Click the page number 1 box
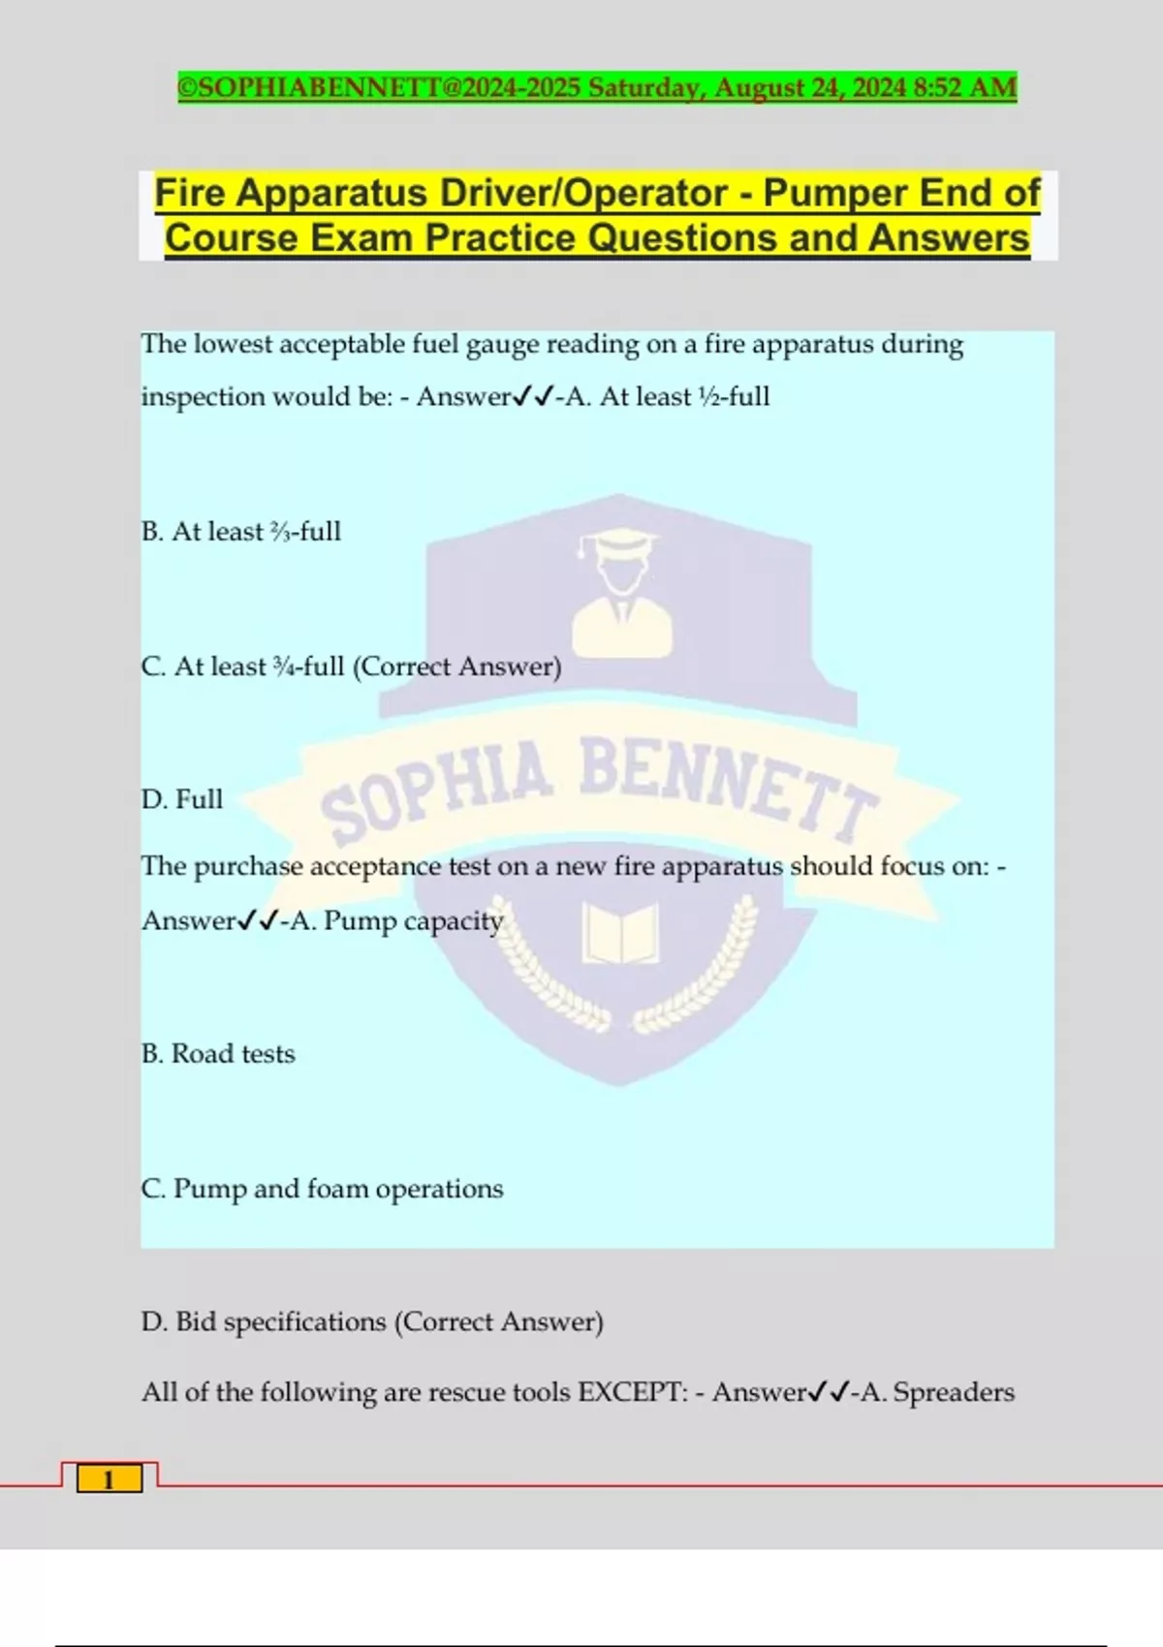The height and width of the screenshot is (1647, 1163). [x=109, y=1478]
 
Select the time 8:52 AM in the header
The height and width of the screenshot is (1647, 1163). [x=964, y=88]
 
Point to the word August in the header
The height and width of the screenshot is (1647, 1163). [x=759, y=88]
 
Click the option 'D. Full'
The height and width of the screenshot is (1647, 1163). [x=182, y=799]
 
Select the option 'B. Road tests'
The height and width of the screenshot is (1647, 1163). [x=218, y=1054]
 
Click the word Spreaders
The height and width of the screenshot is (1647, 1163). [x=954, y=1392]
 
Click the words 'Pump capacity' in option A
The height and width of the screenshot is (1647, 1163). [x=413, y=920]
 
